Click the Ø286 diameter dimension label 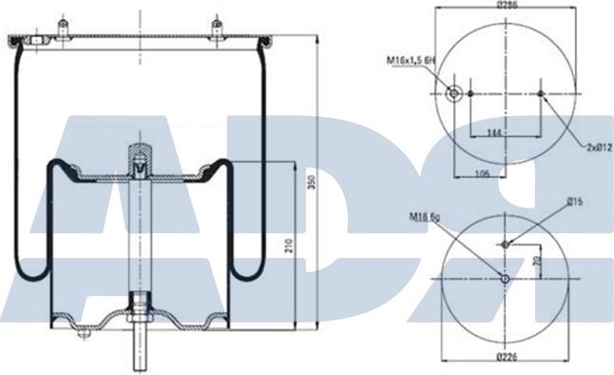pos(508,5)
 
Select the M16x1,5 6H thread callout pos(412,60)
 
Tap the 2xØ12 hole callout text pos(599,148)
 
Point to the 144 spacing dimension pos(494,132)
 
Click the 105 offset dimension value pos(482,172)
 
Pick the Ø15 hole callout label pos(575,202)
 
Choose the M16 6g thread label pos(425,216)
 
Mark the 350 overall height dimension pos(312,183)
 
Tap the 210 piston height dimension pos(289,246)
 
